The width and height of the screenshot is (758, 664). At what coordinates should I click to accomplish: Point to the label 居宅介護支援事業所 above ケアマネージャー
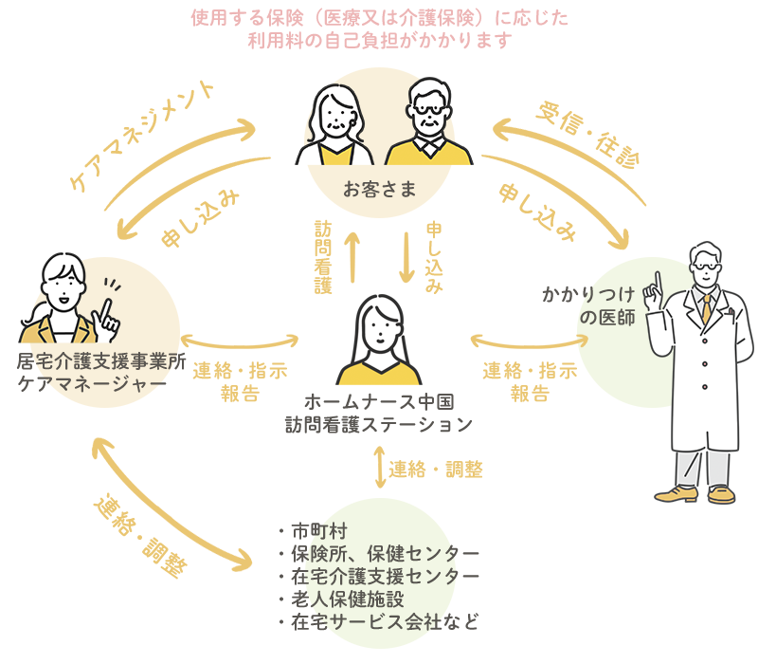[x=99, y=361]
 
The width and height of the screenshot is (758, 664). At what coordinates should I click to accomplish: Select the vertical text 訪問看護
[x=323, y=256]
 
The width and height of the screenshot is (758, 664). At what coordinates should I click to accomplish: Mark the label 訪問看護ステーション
[x=379, y=426]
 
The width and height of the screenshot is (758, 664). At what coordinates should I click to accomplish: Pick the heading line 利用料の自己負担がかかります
[x=379, y=40]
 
